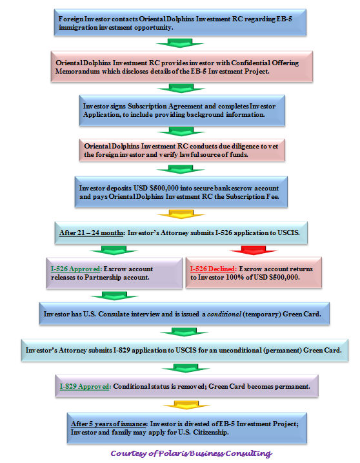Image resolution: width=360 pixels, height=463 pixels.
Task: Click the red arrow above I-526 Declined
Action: [x=253, y=250]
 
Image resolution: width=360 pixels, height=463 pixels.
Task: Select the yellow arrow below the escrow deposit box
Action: [x=181, y=214]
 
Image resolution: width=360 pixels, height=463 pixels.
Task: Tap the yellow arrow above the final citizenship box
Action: [x=186, y=405]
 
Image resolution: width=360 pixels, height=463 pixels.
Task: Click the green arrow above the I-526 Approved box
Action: [x=114, y=250]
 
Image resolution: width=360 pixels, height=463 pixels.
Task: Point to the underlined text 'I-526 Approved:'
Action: [x=76, y=269]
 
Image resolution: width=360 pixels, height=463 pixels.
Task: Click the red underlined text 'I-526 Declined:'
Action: [x=214, y=269]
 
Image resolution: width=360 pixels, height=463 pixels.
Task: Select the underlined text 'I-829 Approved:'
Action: [x=85, y=386]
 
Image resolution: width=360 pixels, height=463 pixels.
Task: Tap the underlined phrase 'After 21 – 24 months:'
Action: [x=92, y=232]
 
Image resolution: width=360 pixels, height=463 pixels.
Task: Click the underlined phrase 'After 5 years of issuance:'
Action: [x=109, y=424]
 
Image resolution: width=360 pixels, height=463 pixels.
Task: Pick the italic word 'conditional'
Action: [x=224, y=314]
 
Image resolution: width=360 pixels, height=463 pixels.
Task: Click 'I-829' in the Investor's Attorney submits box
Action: [x=121, y=350]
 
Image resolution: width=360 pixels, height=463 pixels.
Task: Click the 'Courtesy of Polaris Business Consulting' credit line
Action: [x=191, y=453]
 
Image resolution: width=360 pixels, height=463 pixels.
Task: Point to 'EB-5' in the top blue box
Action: [x=284, y=19]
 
